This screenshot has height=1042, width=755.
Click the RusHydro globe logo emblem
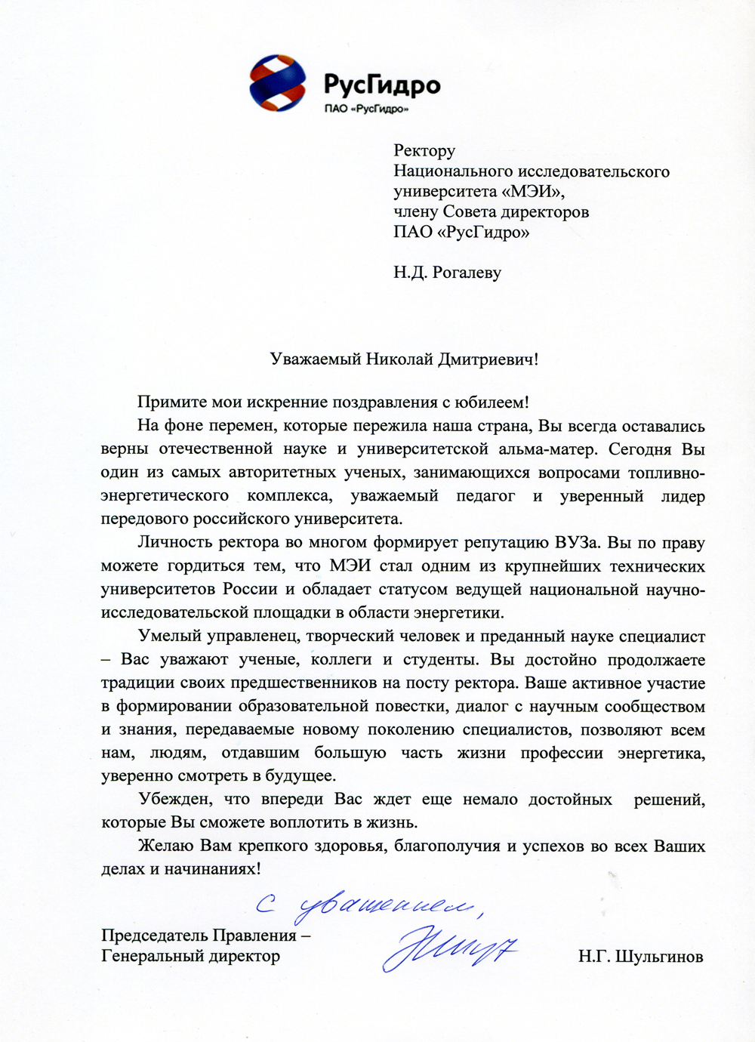pos(278,83)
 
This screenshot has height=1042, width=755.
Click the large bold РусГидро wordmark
pos(382,84)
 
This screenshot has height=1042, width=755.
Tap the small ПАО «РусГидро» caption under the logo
pos(366,109)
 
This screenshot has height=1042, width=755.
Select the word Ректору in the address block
pos(424,151)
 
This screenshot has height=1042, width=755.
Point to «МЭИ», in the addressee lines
pos(533,192)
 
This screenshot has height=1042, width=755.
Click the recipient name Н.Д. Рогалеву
pos(447,273)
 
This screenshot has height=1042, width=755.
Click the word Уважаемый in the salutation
pos(316,359)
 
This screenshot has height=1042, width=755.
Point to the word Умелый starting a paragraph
pos(165,637)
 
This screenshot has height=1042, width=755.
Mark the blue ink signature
pos(449,947)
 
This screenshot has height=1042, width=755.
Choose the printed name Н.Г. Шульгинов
pos(640,957)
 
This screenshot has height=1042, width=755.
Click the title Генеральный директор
pos(190,957)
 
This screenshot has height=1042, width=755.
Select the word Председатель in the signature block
pos(156,936)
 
